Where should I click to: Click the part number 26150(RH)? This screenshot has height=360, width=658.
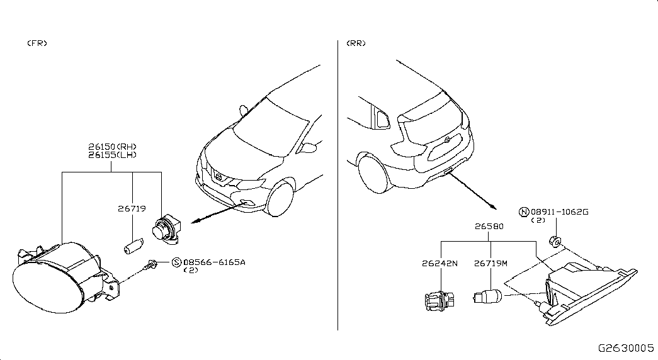(112, 147)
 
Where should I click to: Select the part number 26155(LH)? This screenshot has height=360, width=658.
(112, 155)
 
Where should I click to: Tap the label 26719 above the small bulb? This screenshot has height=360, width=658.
(132, 208)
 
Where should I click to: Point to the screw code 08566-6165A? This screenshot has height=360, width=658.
(215, 262)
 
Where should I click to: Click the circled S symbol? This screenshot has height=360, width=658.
(177, 262)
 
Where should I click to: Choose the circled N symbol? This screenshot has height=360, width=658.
(524, 212)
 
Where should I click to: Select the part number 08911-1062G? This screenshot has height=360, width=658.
(559, 212)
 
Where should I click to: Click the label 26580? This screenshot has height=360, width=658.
(489, 226)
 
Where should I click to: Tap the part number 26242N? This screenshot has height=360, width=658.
(440, 264)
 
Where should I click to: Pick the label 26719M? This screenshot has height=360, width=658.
(491, 264)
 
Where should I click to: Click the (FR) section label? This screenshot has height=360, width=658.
(37, 43)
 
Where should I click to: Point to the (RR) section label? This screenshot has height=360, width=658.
(356, 43)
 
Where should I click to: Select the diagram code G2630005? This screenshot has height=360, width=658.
(626, 348)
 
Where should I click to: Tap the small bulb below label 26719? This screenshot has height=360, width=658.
(134, 246)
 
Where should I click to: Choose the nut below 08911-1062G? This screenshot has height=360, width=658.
(555, 242)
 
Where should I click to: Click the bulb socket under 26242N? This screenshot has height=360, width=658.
(440, 300)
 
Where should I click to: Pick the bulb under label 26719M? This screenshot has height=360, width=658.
(487, 296)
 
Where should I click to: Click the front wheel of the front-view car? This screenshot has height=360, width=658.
(280, 199)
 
